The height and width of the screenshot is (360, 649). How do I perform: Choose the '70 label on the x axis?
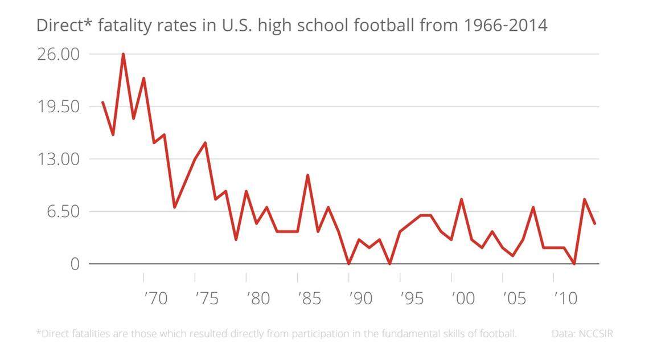pyautogui.click(x=155, y=298)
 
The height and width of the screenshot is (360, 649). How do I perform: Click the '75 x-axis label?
pyautogui.click(x=207, y=298)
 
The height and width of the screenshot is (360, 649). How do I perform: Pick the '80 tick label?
pyautogui.click(x=258, y=298)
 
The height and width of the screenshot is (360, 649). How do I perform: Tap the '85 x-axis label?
pyautogui.click(x=309, y=298)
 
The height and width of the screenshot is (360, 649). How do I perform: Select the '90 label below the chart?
pyautogui.click(x=360, y=298)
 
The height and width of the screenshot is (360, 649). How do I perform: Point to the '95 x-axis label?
pyautogui.click(x=412, y=298)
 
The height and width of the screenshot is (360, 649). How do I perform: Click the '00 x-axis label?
pyautogui.click(x=463, y=298)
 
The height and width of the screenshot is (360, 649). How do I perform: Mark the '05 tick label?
pyautogui.click(x=514, y=298)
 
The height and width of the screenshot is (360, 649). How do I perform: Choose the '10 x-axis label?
pyautogui.click(x=565, y=298)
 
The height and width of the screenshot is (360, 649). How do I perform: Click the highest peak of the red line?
pyautogui.click(x=123, y=54)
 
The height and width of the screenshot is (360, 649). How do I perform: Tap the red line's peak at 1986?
pyautogui.click(x=307, y=175)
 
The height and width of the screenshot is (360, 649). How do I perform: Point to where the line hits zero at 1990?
pyautogui.click(x=348, y=264)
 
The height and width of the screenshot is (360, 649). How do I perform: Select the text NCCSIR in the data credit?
pyautogui.click(x=595, y=334)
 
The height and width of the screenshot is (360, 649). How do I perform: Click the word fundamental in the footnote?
pyautogui.click(x=395, y=334)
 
